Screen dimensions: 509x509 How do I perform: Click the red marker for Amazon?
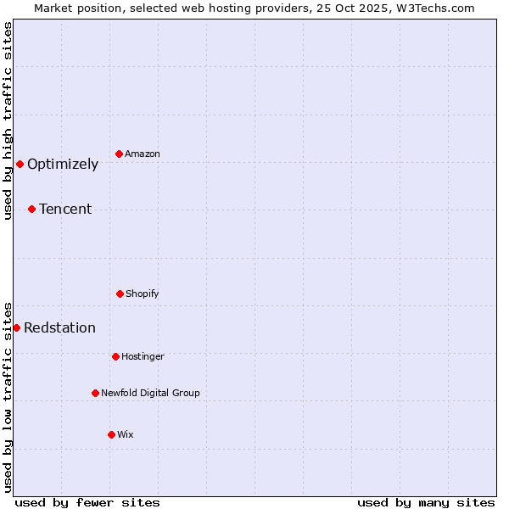pyautogui.click(x=120, y=154)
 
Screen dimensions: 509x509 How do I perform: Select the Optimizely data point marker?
pyautogui.click(x=20, y=164)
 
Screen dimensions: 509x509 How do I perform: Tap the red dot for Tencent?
pyautogui.click(x=31, y=209)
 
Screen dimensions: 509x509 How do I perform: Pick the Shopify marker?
pyautogui.click(x=120, y=294)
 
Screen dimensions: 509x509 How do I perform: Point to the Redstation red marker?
pyautogui.click(x=16, y=327)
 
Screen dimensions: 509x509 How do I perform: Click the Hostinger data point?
pyautogui.click(x=115, y=356)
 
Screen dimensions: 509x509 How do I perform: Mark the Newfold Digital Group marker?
pyautogui.click(x=95, y=393)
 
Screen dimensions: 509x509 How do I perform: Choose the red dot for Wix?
pyautogui.click(x=111, y=434)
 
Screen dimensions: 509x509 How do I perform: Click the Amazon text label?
pyautogui.click(x=143, y=154)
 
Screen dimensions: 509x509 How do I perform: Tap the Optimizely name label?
pyautogui.click(x=63, y=165)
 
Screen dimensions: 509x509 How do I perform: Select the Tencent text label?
pyautogui.click(x=65, y=209)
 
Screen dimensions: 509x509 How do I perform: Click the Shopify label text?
pyautogui.click(x=143, y=294)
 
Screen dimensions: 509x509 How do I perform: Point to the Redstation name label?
pyautogui.click(x=59, y=328)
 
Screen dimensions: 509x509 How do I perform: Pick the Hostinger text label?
pyautogui.click(x=143, y=356)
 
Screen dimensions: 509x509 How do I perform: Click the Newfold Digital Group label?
pyautogui.click(x=150, y=393)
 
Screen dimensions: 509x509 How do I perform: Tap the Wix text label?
pyautogui.click(x=126, y=434)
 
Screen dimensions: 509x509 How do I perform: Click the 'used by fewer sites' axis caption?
pyautogui.click(x=87, y=502)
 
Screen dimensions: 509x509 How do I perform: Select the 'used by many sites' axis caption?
pyautogui.click(x=426, y=502)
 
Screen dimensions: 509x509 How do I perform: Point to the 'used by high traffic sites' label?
pyautogui.click(x=8, y=120)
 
